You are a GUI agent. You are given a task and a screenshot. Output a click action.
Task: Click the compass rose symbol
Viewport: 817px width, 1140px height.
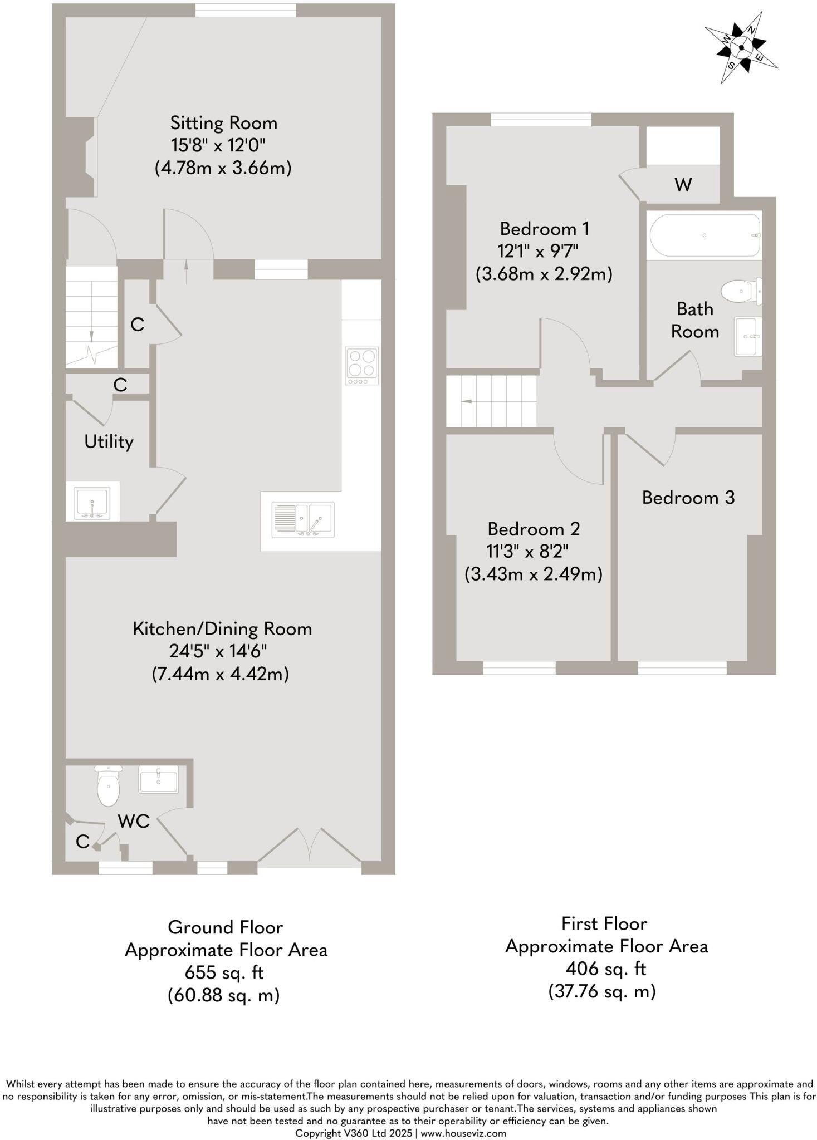coord(741,48)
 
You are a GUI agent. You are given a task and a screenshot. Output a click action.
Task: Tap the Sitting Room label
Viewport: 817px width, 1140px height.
coord(223,123)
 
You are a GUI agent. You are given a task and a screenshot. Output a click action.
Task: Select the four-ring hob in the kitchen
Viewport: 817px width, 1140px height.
coord(361,366)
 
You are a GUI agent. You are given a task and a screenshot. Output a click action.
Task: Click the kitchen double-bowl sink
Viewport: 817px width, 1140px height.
coord(303,519)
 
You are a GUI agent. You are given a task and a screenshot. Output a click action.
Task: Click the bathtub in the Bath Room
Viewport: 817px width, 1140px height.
coord(705,235)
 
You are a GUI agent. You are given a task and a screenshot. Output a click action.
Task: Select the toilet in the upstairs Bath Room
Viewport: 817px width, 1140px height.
coord(740,290)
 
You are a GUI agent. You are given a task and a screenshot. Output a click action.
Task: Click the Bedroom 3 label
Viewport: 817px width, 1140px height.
coord(688,498)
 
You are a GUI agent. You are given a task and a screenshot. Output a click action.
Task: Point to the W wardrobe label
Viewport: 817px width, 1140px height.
coord(683,185)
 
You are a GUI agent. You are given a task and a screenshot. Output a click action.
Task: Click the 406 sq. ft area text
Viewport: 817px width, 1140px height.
coord(605,969)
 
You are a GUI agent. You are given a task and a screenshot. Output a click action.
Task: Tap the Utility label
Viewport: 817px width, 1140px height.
coord(109,442)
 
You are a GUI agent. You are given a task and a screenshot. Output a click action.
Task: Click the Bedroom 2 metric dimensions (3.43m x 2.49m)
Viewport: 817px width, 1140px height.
coord(533,574)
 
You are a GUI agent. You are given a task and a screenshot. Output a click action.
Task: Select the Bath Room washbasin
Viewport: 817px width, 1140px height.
coord(747,336)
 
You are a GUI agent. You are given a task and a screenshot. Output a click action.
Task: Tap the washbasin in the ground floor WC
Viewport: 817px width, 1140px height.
coord(159,779)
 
